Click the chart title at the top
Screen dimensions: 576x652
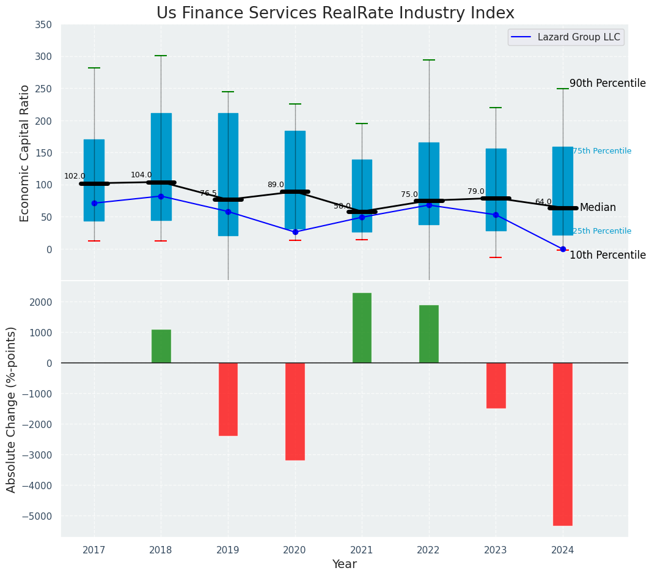click(x=335, y=13)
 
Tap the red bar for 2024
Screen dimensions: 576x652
click(x=562, y=444)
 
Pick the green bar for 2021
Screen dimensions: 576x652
click(x=362, y=328)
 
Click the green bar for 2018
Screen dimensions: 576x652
click(x=161, y=346)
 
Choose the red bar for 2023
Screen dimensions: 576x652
click(x=496, y=385)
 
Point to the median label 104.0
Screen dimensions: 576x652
click(x=141, y=175)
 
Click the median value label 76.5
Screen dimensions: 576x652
click(x=208, y=193)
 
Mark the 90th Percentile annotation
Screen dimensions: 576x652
click(x=607, y=83)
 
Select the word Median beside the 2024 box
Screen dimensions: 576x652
click(x=598, y=208)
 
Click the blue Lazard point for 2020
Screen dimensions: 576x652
click(x=295, y=232)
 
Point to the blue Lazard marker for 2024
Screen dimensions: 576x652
click(x=563, y=249)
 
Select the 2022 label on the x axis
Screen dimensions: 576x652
click(x=428, y=550)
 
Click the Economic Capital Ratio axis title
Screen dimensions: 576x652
click(x=25, y=153)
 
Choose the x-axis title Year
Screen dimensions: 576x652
click(x=344, y=564)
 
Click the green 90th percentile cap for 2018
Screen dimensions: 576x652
click(x=161, y=56)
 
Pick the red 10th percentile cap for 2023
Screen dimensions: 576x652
click(x=496, y=257)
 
